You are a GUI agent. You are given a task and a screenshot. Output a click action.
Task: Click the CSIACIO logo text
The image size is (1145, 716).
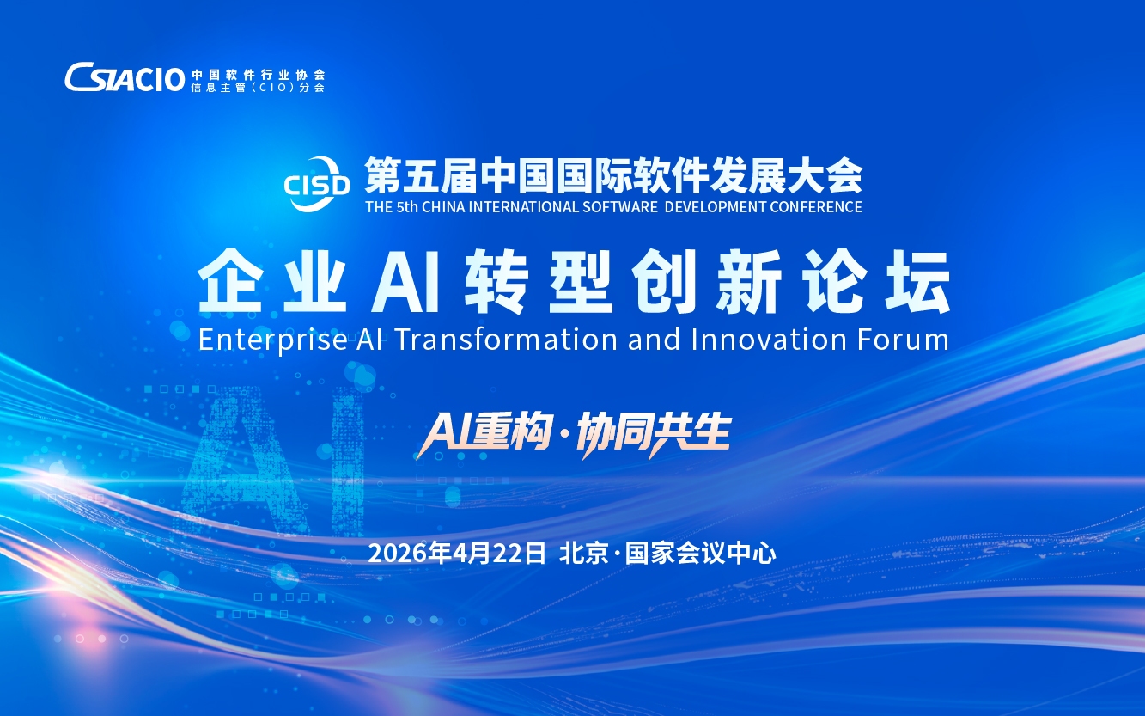(125, 77)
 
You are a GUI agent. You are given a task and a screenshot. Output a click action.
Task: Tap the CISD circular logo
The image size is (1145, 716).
(317, 184)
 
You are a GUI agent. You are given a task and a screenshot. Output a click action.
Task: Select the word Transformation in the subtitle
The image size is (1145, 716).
(507, 339)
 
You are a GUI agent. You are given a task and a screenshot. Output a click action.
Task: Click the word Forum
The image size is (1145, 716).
(904, 339)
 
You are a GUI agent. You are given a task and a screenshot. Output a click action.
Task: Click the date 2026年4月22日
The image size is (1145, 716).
(457, 554)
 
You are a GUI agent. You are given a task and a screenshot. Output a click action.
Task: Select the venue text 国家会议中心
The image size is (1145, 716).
(700, 554)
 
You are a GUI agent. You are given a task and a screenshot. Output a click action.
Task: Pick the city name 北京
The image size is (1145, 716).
(584, 554)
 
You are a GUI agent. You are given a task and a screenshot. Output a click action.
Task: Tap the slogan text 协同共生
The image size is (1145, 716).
(654, 434)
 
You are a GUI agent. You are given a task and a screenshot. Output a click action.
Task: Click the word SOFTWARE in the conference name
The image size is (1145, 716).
(620, 207)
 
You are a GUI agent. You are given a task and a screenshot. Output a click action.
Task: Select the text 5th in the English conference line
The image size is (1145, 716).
(407, 207)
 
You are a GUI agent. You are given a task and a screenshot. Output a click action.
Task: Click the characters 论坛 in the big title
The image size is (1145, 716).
(876, 281)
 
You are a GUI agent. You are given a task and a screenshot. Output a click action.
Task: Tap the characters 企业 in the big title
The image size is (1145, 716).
(272, 281)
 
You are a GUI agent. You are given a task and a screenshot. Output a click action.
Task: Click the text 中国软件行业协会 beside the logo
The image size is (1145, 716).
(259, 75)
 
